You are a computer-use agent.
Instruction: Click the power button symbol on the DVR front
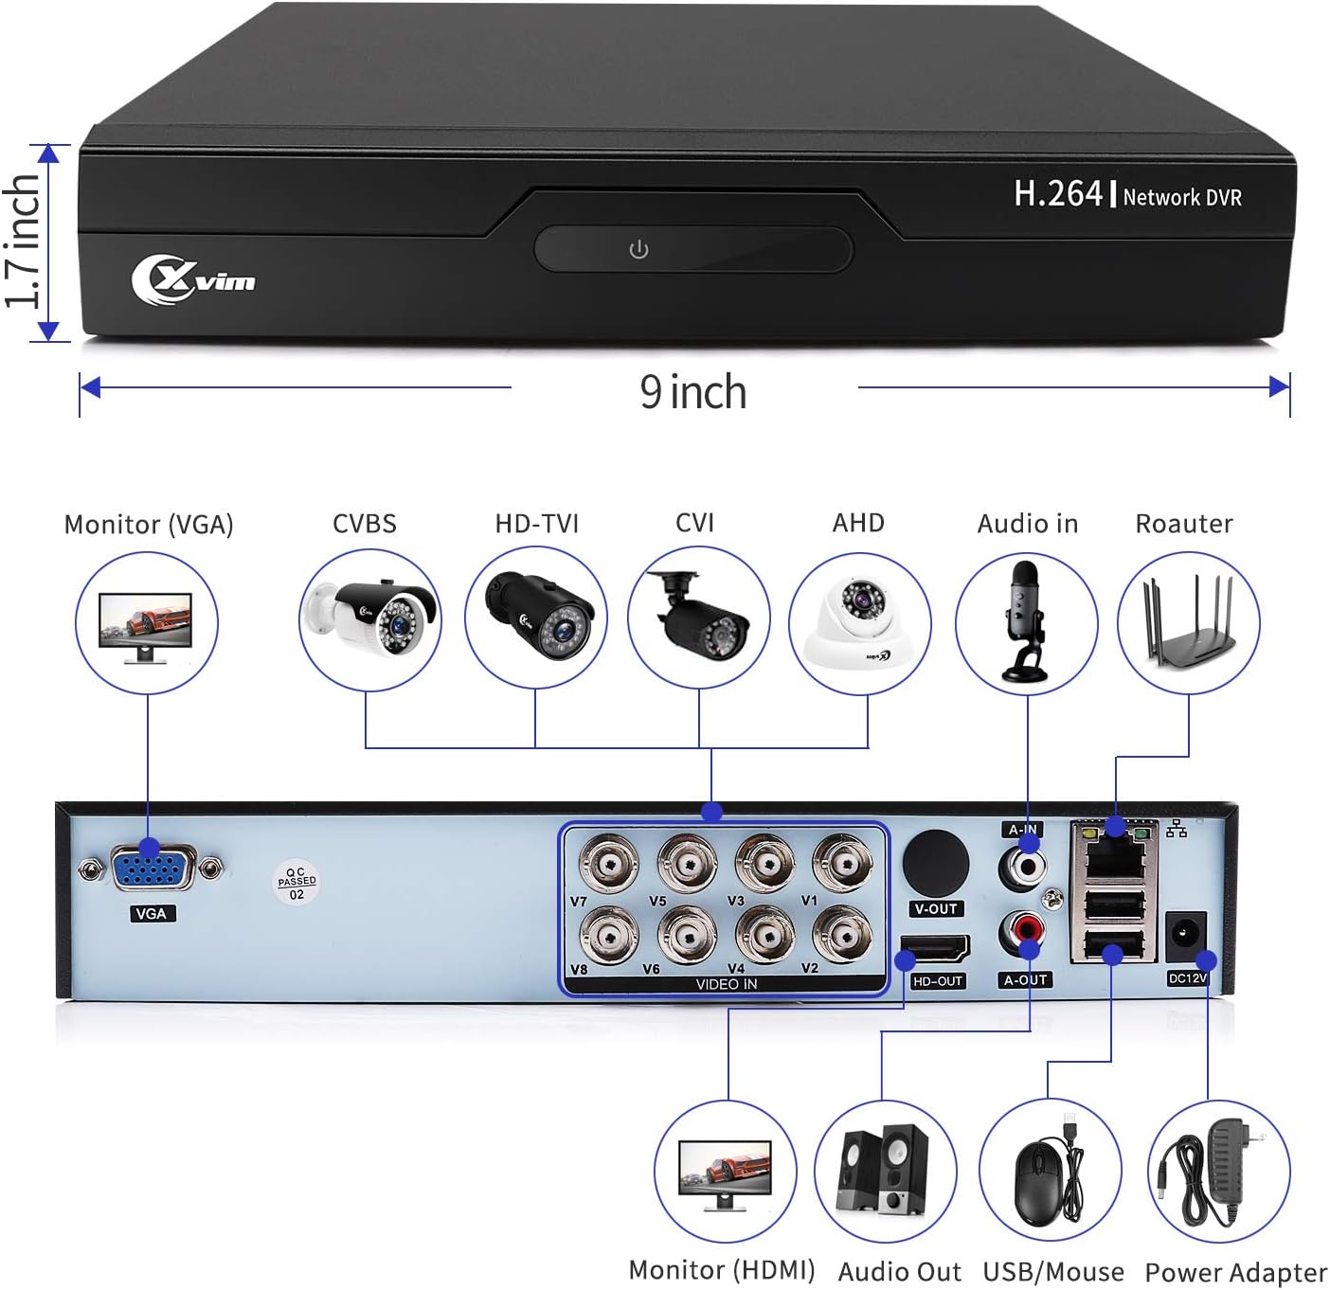pyautogui.click(x=639, y=249)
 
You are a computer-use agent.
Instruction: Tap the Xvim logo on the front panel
pyautogui.click(x=194, y=279)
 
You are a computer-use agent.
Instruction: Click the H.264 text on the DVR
pyautogui.click(x=1058, y=194)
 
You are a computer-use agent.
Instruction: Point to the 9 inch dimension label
pyautogui.click(x=692, y=392)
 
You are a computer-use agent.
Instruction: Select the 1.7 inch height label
pyautogui.click(x=24, y=242)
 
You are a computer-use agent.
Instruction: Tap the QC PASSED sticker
pyautogui.click(x=297, y=881)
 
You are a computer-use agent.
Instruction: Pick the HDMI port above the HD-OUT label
pyautogui.click(x=936, y=948)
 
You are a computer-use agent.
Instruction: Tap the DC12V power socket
pyautogui.click(x=1184, y=934)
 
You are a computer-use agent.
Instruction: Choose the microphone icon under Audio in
pyautogui.click(x=1026, y=620)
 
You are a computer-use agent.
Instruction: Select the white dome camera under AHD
pyautogui.click(x=860, y=623)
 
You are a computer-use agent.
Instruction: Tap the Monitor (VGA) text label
pyautogui.click(x=149, y=525)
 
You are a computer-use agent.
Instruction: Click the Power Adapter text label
pyautogui.click(x=1235, y=1272)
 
